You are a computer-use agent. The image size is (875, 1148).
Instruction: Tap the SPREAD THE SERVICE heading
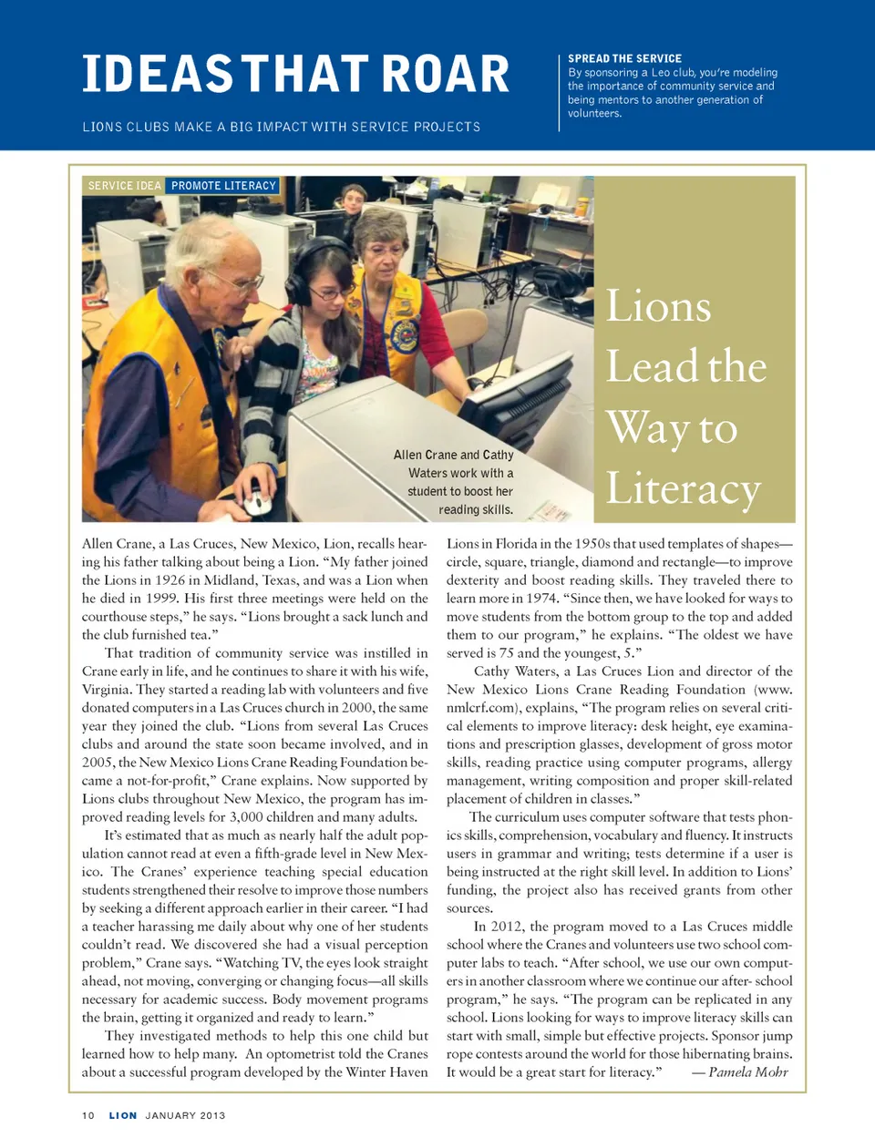point(624,58)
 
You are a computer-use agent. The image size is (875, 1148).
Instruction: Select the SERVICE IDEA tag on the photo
point(124,186)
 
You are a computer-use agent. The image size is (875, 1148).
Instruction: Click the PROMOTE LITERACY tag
point(223,186)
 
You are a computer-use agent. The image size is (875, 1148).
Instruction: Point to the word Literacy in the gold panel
point(683,489)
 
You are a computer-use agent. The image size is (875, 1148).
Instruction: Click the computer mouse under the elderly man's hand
point(257,500)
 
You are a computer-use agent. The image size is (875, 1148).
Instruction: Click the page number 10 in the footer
point(88,1115)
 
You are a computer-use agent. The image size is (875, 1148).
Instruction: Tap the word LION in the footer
point(123,1115)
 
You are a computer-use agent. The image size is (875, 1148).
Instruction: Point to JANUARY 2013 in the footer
point(185,1115)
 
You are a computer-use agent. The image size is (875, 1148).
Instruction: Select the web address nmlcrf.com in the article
point(480,708)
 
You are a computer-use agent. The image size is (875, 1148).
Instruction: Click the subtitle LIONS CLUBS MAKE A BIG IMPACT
point(281,127)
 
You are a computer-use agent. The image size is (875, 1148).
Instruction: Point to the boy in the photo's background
point(353,200)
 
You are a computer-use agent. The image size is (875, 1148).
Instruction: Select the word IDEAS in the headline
point(158,75)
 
